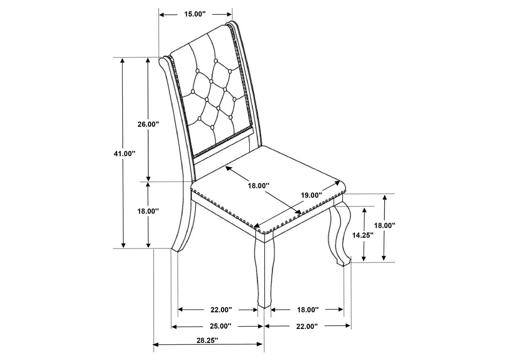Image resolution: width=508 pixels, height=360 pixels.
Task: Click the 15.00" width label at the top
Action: [x=195, y=14]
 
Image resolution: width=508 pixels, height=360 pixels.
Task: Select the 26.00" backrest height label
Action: [x=148, y=124]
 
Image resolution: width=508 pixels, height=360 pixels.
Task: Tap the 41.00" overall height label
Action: [x=124, y=154]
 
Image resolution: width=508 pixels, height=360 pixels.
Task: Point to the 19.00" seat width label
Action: [x=312, y=195]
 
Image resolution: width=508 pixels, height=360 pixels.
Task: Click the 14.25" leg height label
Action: [x=363, y=235]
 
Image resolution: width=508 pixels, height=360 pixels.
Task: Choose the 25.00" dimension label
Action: [x=221, y=326]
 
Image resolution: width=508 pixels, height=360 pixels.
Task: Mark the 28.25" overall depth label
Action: [x=207, y=341]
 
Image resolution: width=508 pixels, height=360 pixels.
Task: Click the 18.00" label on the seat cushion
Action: [x=258, y=186]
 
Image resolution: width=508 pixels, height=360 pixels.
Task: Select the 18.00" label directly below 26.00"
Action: [x=148, y=211]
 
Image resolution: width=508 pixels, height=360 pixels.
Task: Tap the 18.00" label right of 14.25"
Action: [x=385, y=225]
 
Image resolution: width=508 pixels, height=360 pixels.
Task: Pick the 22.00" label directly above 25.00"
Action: [x=221, y=310]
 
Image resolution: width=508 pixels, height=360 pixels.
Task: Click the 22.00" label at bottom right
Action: [x=307, y=326]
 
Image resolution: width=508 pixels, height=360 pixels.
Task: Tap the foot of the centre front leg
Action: [x=264, y=308]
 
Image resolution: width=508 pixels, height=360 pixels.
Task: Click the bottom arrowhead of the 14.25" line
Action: [x=364, y=258]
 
